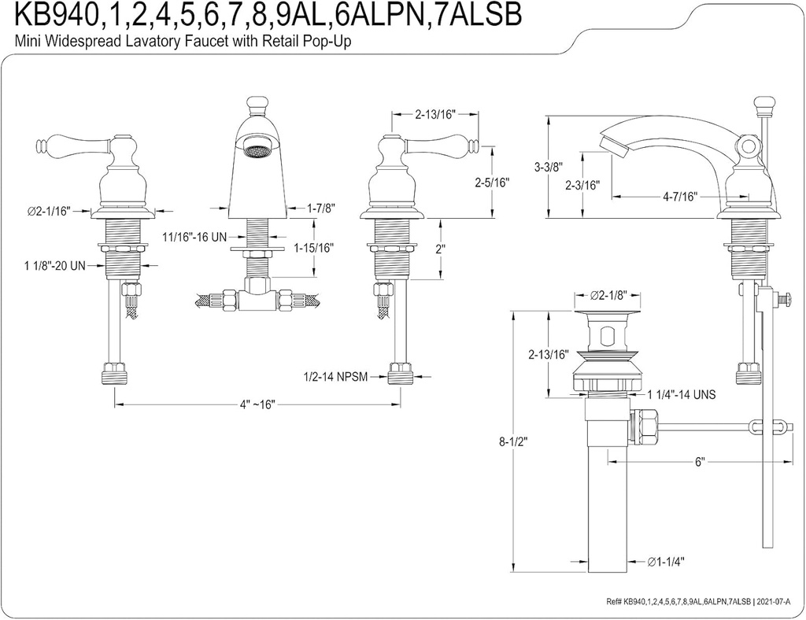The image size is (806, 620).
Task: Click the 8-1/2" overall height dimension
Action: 513,442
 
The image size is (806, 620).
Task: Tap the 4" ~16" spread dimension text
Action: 257,404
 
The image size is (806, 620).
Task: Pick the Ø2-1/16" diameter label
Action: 49,210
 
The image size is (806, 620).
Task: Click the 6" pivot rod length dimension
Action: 699,462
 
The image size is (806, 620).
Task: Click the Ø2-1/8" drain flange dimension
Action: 608,296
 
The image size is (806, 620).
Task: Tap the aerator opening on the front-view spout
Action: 257,149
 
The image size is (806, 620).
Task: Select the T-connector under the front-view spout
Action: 257,298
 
